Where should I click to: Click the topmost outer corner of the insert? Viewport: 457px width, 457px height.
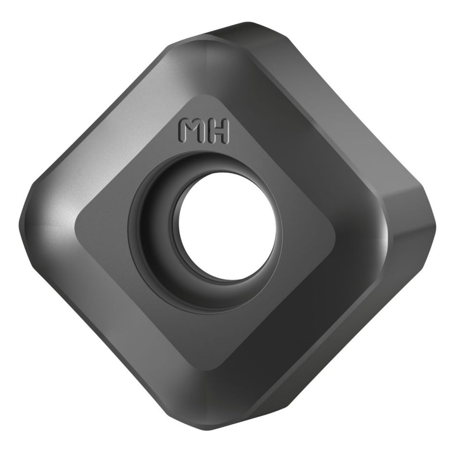[x=248, y=23]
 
